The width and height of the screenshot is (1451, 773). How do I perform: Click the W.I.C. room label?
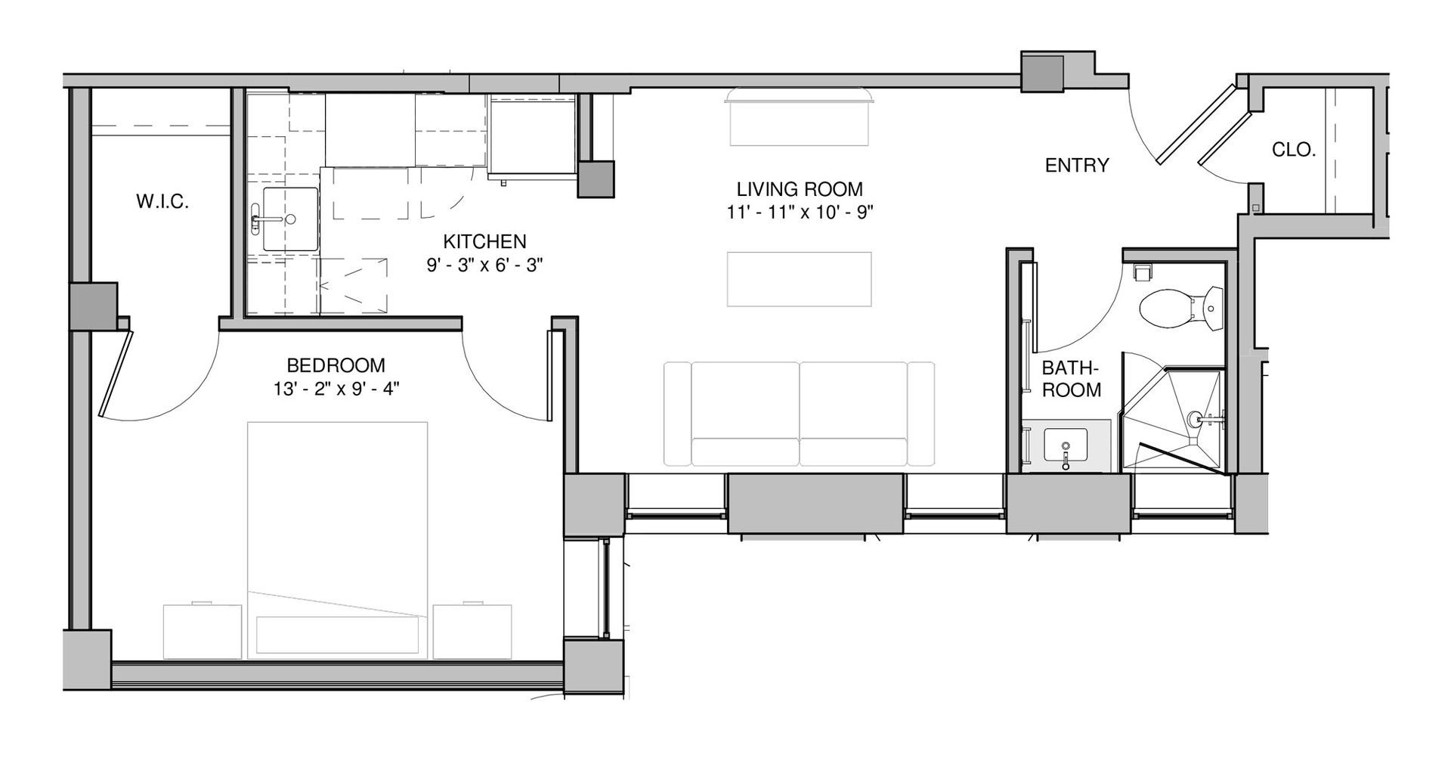162,202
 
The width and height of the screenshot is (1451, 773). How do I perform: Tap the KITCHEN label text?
484,242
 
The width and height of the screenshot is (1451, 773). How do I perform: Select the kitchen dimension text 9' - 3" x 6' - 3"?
484,265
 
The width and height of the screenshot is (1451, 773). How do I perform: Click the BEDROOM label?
336,365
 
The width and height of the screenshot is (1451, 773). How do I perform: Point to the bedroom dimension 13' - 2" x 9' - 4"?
336,390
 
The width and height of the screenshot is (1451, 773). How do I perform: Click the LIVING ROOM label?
800,188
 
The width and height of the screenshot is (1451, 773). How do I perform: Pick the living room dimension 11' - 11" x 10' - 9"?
800,213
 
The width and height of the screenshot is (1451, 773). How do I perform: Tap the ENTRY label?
1077,165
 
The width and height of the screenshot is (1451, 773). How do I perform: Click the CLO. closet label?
1294,150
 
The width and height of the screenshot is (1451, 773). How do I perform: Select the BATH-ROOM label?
1071,379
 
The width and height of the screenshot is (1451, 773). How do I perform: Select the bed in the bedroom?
337,540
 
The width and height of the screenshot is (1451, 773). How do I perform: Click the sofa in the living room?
800,414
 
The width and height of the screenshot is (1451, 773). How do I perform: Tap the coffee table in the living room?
799,279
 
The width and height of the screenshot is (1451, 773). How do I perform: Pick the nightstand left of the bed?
206,631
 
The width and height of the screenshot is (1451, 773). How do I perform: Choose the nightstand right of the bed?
472,631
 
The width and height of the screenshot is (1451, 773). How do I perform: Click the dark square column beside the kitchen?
596,179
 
